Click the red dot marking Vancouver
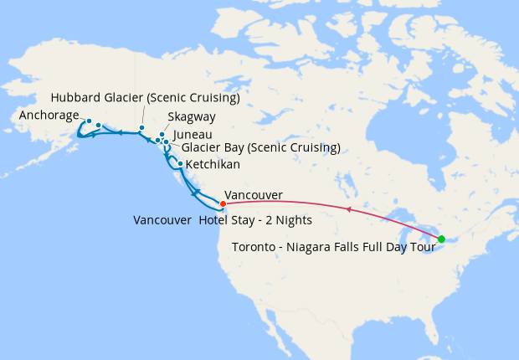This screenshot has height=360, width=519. click(223, 203)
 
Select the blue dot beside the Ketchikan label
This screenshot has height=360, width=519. click(180, 163)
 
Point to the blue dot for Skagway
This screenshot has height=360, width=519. click(162, 134)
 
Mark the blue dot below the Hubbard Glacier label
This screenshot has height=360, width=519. click(141, 127)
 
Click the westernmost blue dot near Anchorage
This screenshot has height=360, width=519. click(89, 121)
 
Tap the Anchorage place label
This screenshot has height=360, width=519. click(49, 116)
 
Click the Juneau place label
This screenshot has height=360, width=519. click(193, 134)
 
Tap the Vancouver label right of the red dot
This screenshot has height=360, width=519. click(254, 195)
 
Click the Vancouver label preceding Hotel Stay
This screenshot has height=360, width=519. click(162, 220)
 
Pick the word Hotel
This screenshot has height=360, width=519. click(214, 220)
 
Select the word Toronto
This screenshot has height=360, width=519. click(254, 247)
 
